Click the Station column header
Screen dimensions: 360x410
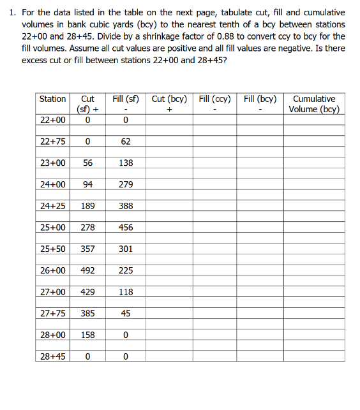click(x=52, y=99)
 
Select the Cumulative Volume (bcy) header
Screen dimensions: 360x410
click(x=314, y=104)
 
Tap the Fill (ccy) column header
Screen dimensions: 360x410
click(x=215, y=99)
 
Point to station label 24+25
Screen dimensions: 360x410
click(x=52, y=206)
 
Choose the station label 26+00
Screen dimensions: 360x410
click(x=52, y=270)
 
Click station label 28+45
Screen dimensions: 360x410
click(x=52, y=356)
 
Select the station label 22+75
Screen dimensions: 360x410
click(x=52, y=142)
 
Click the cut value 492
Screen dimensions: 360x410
click(x=87, y=270)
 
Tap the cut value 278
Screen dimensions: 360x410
click(x=87, y=228)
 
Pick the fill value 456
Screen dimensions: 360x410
click(x=126, y=228)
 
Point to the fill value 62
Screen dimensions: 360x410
click(x=126, y=142)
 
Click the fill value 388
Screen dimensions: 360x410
click(x=126, y=206)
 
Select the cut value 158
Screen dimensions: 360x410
click(x=87, y=335)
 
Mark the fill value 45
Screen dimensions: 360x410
click(x=126, y=313)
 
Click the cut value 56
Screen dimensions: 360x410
click(x=87, y=163)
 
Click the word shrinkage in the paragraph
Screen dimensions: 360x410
click(x=163, y=36)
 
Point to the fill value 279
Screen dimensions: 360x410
click(x=126, y=184)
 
